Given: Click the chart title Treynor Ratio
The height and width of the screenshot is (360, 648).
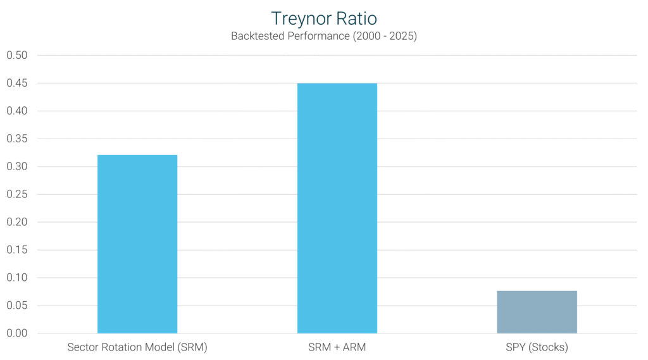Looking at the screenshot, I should click(x=323, y=18).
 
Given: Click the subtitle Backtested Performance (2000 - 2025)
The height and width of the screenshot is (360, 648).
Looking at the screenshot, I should click(x=323, y=36).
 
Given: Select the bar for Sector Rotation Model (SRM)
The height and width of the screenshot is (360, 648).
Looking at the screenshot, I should click(x=137, y=244).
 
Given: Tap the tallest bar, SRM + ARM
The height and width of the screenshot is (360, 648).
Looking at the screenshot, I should click(x=337, y=208).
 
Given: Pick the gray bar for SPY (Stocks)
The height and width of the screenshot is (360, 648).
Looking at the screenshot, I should click(x=537, y=312).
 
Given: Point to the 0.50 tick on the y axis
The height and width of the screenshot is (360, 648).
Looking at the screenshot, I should click(x=17, y=56).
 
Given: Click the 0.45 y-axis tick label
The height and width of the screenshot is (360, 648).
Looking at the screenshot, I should click(x=17, y=84).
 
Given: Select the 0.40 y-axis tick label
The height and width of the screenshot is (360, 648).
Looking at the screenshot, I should click(x=17, y=111).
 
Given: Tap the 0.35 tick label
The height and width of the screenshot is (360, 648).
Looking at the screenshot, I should click(x=17, y=139).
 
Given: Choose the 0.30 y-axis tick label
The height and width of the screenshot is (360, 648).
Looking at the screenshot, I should click(x=17, y=167).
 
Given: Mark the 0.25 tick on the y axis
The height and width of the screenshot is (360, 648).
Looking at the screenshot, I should click(x=17, y=194).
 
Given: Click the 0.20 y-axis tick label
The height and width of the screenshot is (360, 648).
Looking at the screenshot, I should click(x=17, y=222).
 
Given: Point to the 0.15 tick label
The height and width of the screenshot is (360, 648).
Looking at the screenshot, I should click(x=17, y=250).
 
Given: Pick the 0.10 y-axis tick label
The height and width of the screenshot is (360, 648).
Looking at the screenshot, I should click(x=17, y=278).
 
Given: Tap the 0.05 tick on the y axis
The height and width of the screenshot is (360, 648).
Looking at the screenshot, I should click(x=17, y=306).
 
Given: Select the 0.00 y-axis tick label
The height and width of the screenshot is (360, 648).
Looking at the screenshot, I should click(x=17, y=333).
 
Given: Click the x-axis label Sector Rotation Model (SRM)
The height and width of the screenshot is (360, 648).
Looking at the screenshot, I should click(x=137, y=347).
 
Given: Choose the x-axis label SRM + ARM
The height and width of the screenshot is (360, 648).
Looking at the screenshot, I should click(x=337, y=347).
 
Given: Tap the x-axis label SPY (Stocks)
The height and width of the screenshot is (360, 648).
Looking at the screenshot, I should click(x=537, y=347).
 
